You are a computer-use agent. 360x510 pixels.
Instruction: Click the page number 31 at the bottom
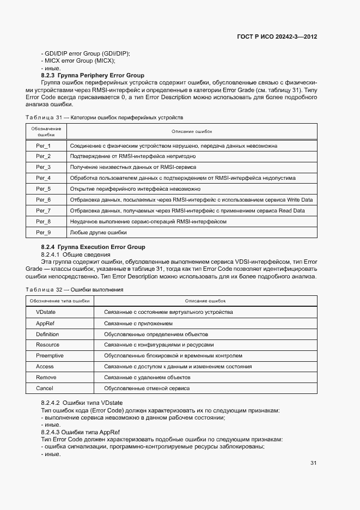314,463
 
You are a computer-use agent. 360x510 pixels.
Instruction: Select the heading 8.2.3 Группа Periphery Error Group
93,75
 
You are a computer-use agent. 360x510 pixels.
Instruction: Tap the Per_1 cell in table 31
44,146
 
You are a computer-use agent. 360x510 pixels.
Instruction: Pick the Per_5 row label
44,189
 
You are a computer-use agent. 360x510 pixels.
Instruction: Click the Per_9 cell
44,233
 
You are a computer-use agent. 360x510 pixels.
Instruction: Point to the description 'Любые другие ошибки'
98,233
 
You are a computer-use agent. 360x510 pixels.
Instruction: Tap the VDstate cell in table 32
46,312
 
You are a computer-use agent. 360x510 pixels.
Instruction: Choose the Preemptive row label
50,356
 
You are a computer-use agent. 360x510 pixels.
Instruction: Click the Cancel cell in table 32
45,388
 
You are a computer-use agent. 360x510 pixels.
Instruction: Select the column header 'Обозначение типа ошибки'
60,301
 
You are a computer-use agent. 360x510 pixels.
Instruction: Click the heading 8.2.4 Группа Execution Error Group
93,247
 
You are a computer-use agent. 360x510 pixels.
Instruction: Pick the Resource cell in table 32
47,345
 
